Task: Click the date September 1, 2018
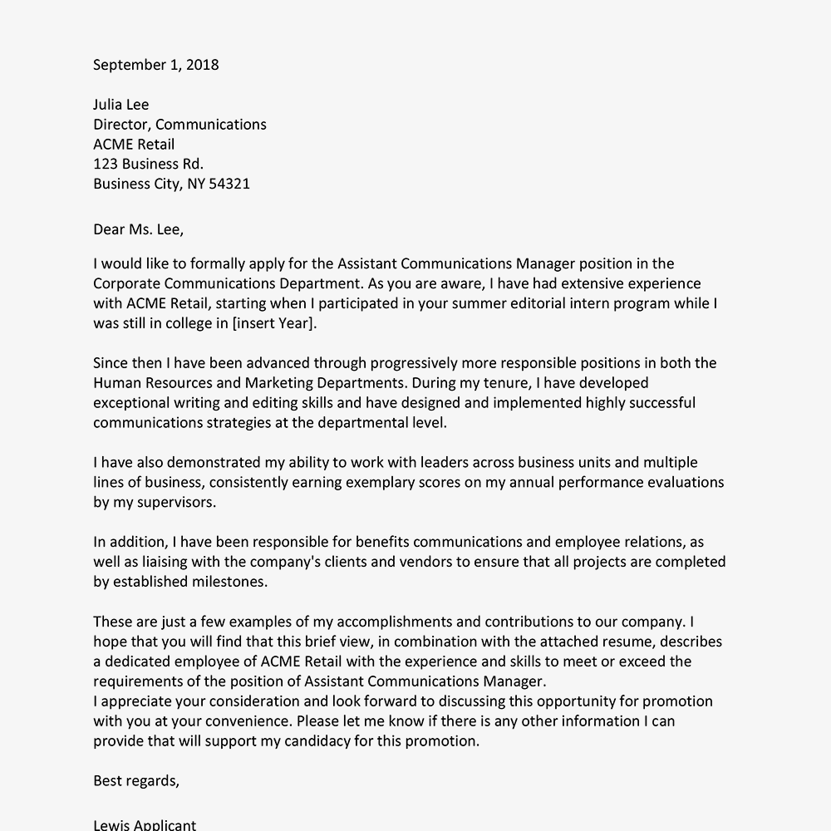click(155, 65)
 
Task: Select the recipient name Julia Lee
click(120, 105)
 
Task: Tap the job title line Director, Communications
click(179, 125)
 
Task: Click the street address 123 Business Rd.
click(148, 164)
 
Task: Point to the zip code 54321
click(230, 184)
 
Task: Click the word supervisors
click(178, 502)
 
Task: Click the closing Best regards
click(135, 780)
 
